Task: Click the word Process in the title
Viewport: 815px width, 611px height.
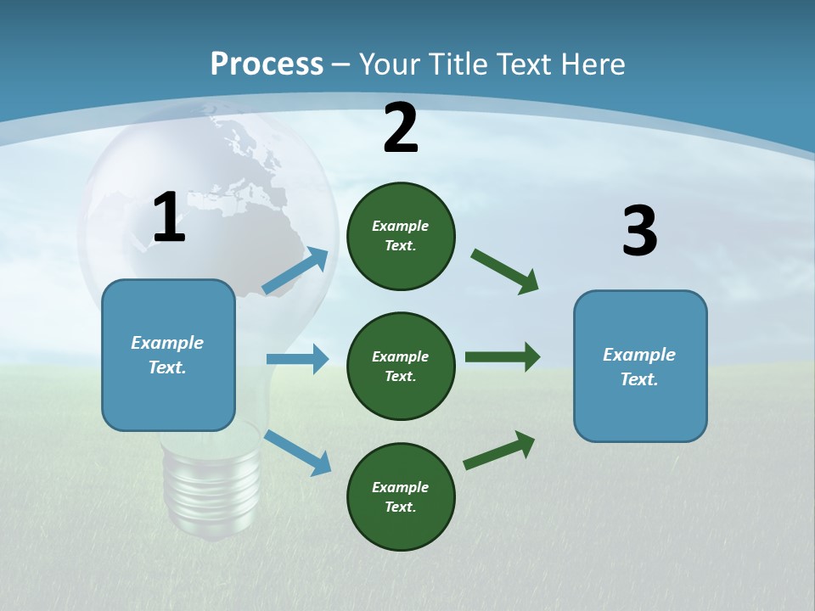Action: pyautogui.click(x=267, y=64)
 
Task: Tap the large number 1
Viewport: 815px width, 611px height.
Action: pyautogui.click(x=169, y=218)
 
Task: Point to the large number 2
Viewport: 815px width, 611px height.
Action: pyautogui.click(x=401, y=128)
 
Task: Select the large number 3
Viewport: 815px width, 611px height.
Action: pyautogui.click(x=639, y=232)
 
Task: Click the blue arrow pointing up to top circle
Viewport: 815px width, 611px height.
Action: pyautogui.click(x=295, y=271)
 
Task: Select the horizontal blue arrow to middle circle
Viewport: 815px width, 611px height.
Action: pyautogui.click(x=297, y=359)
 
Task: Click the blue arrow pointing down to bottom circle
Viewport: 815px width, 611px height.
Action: pyautogui.click(x=297, y=452)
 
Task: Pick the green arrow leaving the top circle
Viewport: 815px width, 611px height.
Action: pyautogui.click(x=504, y=272)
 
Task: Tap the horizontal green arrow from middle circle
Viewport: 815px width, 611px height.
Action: pyautogui.click(x=502, y=356)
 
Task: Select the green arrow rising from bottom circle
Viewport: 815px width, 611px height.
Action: pyautogui.click(x=499, y=451)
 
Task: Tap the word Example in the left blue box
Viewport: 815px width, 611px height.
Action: pyautogui.click(x=167, y=343)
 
